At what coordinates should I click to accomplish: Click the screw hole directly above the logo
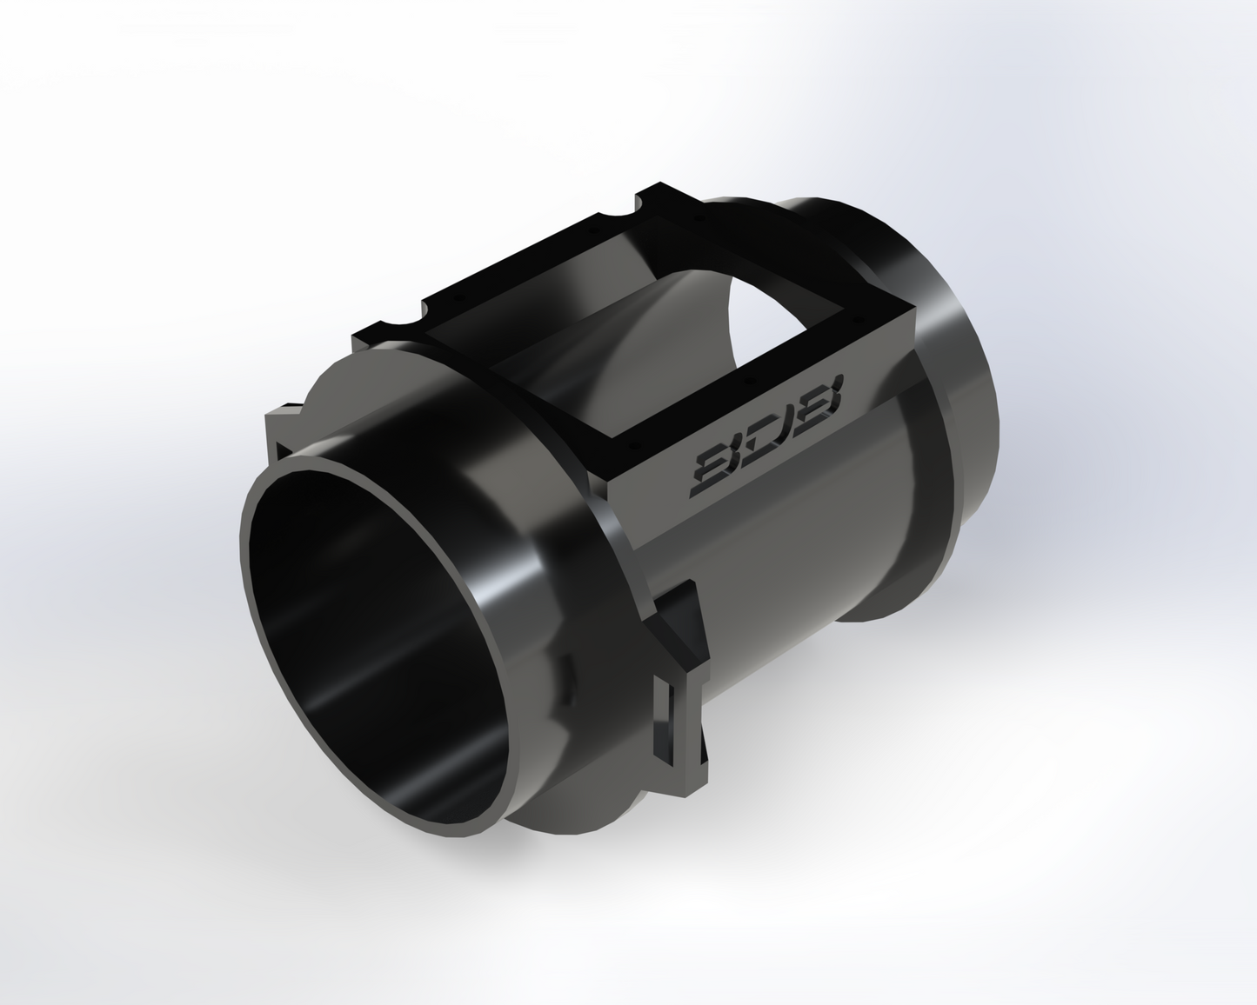click(747, 381)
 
